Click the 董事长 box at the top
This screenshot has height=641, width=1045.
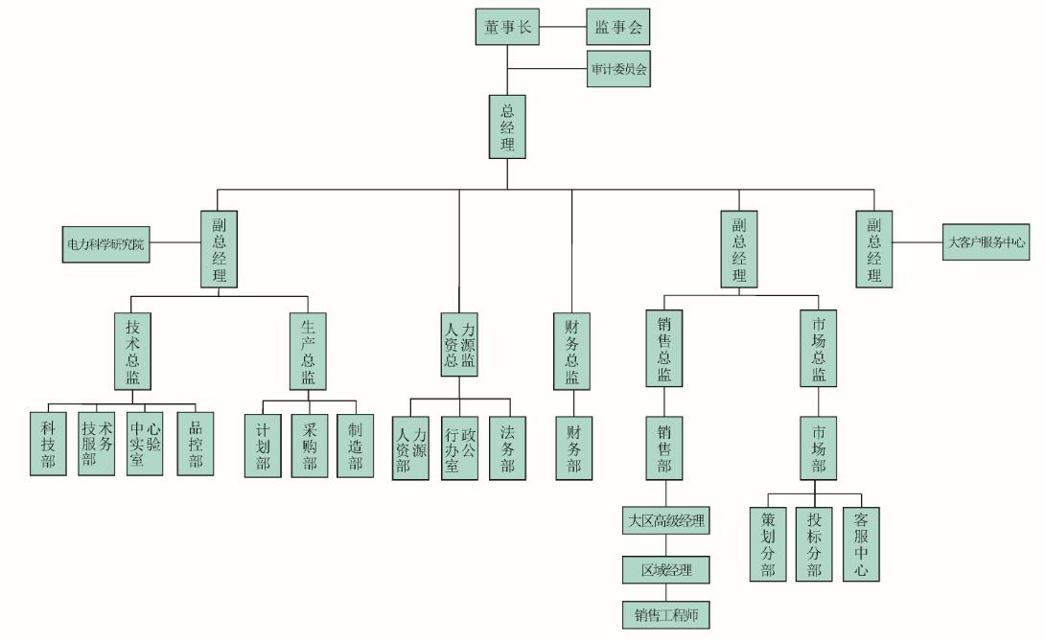coord(507,27)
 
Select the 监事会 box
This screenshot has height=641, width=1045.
coord(617,27)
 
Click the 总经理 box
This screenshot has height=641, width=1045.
coord(507,126)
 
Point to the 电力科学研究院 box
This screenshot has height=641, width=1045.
coord(105,245)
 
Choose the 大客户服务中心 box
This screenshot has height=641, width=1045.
coord(986,242)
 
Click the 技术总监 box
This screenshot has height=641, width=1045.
coord(132,350)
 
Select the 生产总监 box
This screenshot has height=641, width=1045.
coord(308,350)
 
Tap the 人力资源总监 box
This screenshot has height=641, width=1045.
coord(459,345)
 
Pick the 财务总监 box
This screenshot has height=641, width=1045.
coord(571,350)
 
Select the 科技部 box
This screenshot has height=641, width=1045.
coord(47,444)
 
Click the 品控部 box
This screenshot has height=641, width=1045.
coord(196,444)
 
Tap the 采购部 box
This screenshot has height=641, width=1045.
coord(309,446)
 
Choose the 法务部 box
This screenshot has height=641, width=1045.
coord(507,447)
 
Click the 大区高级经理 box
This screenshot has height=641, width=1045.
coord(666,521)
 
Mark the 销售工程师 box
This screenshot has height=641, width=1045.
coord(666,614)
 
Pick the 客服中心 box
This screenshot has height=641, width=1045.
coord(861,543)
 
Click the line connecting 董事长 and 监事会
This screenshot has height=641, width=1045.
coord(563,27)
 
